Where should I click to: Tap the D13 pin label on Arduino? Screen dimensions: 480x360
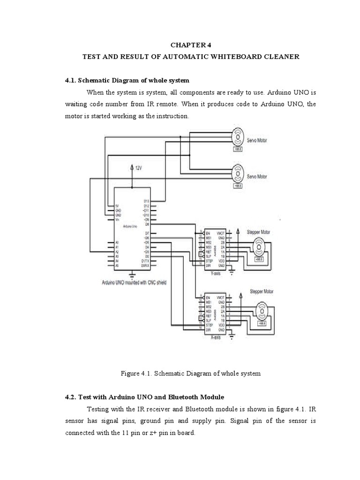coord(146,201)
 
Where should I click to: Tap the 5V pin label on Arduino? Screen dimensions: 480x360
coord(118,206)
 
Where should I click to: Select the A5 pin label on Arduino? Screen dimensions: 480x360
coord(117,265)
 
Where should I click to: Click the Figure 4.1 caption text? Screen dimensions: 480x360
coord(190,374)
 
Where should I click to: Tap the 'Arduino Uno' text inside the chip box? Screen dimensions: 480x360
coord(130,226)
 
